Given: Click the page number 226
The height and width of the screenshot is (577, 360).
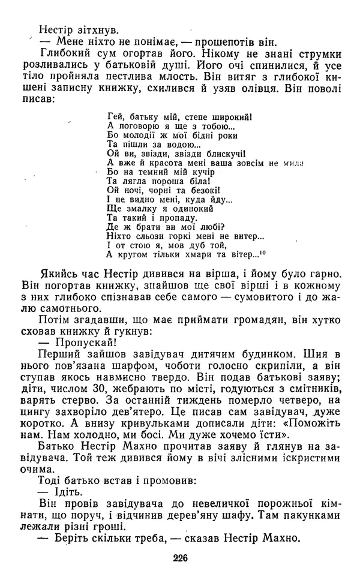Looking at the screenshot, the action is (x=180, y=557).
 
